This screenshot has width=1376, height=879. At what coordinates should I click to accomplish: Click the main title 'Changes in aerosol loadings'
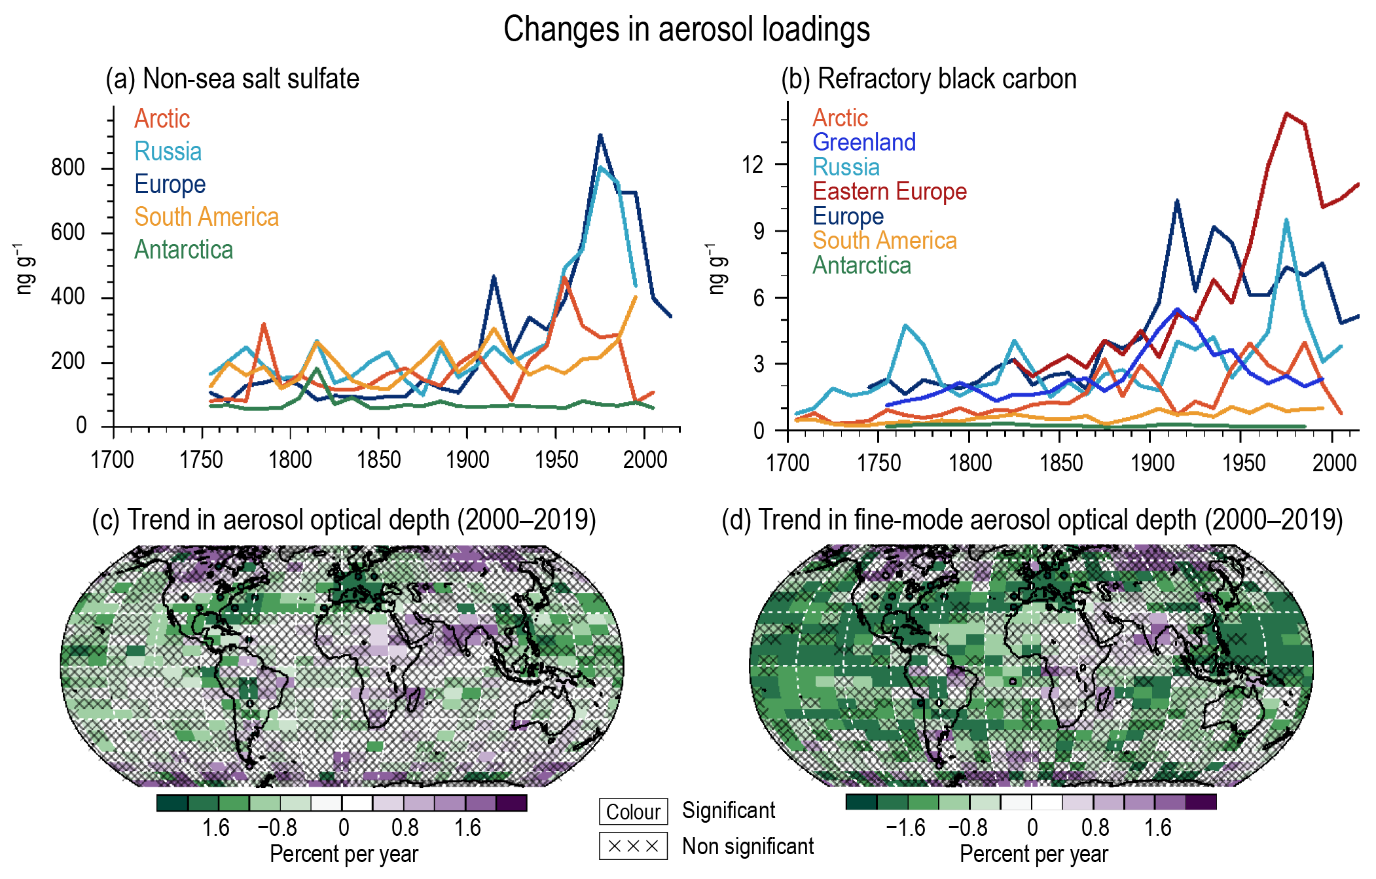(x=687, y=29)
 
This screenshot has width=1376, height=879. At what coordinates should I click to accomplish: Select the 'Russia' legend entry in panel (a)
(x=168, y=151)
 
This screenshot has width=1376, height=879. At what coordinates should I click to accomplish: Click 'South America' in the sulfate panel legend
(x=207, y=217)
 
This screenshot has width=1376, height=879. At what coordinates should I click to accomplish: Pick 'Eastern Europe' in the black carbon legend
(x=890, y=191)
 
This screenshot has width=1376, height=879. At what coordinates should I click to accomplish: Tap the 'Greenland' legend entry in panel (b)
(x=864, y=142)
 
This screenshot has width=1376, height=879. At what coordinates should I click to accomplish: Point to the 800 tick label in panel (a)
(x=68, y=168)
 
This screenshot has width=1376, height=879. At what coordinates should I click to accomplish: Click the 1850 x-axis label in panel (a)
(x=379, y=460)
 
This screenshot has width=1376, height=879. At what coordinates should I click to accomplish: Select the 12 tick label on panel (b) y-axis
(x=753, y=164)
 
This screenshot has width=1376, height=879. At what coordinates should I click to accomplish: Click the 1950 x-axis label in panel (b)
(x=1244, y=463)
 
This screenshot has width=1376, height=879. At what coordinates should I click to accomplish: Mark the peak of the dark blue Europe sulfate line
(x=600, y=135)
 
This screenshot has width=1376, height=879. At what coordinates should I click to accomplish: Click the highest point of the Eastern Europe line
(x=1286, y=114)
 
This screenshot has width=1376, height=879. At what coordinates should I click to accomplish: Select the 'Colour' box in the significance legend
(x=633, y=812)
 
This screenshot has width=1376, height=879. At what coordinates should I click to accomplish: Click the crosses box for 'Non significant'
(x=633, y=846)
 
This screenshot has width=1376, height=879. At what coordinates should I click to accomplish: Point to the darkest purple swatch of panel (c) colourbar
(x=512, y=803)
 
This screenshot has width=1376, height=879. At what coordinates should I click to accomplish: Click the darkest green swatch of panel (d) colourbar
(x=861, y=802)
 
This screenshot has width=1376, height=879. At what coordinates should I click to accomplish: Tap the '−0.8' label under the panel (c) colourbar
(x=278, y=828)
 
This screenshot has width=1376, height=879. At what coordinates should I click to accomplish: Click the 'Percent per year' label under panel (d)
(x=1034, y=854)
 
